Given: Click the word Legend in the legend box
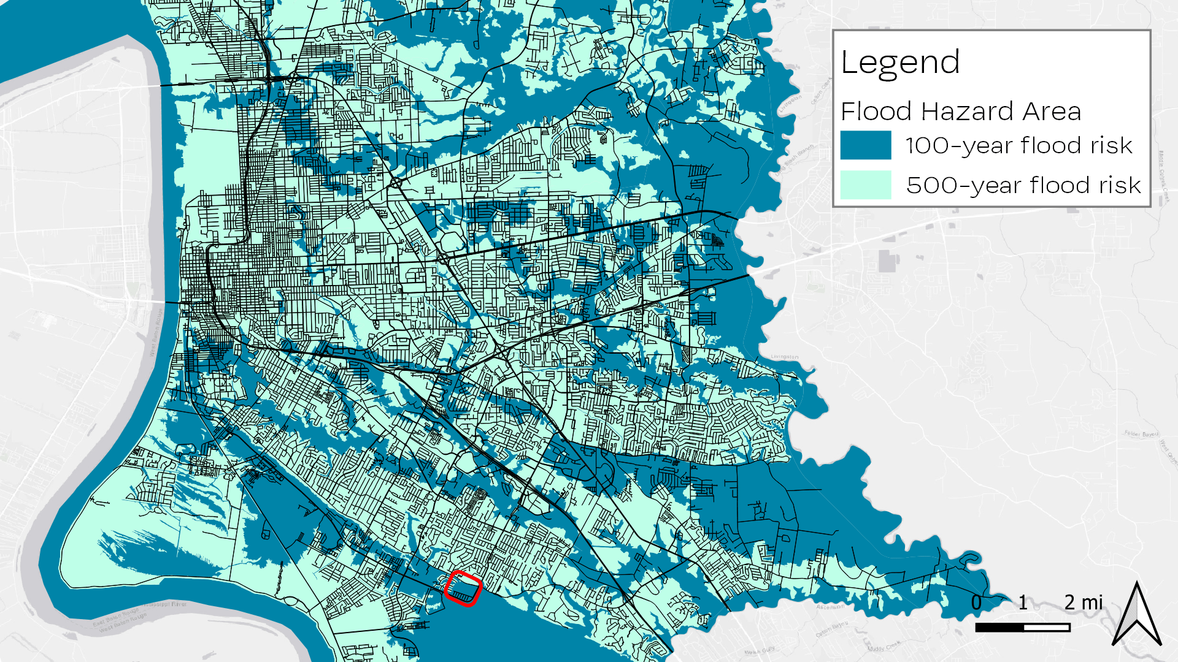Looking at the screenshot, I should coord(900,63).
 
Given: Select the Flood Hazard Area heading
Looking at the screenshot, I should coord(960,112).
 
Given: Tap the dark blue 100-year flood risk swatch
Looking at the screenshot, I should coord(865,145).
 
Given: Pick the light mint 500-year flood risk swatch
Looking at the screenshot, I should coord(865,185).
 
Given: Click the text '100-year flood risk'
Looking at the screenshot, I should coord(1018,146).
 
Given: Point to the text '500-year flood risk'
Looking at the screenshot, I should coord(1023,185).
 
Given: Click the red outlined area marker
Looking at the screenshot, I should coord(463,588).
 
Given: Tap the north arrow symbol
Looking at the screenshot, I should coord(1136,614).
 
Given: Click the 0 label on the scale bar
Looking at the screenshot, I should coord(976,603).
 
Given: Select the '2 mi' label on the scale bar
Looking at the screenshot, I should coord(1084,603).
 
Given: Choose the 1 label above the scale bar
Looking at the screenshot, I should coord(1023,603).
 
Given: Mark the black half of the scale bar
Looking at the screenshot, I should coord(999,627).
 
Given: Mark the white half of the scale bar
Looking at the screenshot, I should coord(1047,627).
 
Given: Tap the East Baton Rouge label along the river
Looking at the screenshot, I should coord(117,620).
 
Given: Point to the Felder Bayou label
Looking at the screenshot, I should coord(1141,434).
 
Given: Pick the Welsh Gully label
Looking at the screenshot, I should coord(760,651).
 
